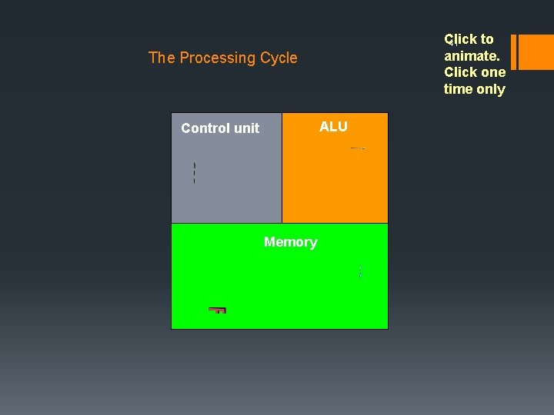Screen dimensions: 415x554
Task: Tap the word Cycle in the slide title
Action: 279,58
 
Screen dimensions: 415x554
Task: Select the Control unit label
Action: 220,128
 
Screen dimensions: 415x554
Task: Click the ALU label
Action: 333,127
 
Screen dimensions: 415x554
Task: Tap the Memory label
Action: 290,242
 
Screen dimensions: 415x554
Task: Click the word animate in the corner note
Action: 470,55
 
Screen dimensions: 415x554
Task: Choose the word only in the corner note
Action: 490,89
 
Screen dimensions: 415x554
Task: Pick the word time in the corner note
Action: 459,89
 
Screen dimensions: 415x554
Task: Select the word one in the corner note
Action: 492,72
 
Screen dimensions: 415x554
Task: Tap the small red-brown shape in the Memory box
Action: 218,310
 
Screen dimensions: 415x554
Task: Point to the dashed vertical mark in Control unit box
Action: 194,173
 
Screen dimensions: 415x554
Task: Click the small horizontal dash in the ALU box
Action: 357,148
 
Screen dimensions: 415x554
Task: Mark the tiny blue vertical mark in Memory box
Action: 360,271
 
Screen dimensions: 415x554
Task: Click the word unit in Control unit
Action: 246,128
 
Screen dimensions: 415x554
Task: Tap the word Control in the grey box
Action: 205,128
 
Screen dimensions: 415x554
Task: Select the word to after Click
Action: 486,39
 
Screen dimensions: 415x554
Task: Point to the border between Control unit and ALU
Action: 282,168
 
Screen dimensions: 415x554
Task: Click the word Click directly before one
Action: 460,72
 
